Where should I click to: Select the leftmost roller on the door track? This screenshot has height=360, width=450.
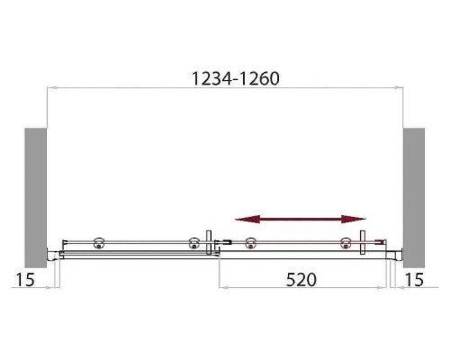click(x=99, y=241)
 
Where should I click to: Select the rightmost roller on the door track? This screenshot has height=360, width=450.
click(x=344, y=241)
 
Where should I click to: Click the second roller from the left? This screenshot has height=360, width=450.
click(x=193, y=241)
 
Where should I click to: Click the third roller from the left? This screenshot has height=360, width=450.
click(x=251, y=241)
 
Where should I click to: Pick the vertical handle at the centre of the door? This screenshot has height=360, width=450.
click(x=209, y=243)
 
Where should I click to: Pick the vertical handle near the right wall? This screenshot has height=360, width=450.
click(x=362, y=243)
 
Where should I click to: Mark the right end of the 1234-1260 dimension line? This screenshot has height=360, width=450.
click(x=402, y=87)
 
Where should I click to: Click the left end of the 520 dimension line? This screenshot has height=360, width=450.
click(x=220, y=289)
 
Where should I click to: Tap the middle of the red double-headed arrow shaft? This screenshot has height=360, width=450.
click(x=301, y=218)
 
